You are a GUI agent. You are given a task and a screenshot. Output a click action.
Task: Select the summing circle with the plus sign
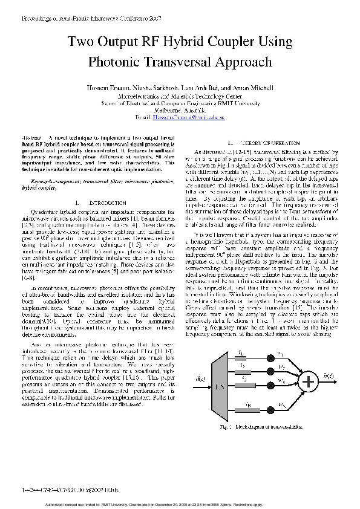pyautogui.click(x=309, y=382)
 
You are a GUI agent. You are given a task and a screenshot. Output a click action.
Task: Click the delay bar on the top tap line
pyautogui.click(x=242, y=355)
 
